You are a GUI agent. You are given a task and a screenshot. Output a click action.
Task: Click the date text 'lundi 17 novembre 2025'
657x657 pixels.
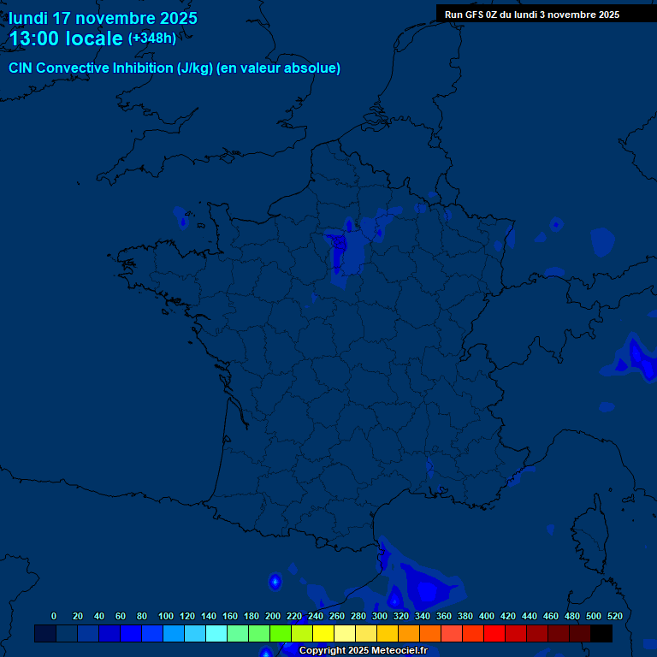[x=103, y=18]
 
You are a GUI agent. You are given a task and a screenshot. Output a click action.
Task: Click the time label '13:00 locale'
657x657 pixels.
[x=66, y=38]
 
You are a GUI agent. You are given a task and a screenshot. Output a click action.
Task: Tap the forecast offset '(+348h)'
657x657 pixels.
[x=152, y=38]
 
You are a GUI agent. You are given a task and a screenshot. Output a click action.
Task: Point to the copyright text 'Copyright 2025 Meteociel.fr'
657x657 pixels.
[x=363, y=651]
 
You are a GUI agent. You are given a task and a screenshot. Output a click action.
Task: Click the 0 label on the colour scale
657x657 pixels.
[x=54, y=616]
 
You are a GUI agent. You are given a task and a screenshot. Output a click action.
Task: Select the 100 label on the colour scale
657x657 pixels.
[x=166, y=616]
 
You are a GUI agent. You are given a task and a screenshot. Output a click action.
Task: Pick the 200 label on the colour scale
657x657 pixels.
[x=273, y=616]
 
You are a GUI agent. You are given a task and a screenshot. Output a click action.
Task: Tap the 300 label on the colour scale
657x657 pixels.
[x=380, y=616]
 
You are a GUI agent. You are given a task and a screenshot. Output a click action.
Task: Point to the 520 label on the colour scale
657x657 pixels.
[x=614, y=616]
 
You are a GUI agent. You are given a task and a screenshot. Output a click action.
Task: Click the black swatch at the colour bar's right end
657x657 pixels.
[x=601, y=634]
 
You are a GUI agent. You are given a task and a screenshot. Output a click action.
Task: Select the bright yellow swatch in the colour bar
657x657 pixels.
[x=323, y=634]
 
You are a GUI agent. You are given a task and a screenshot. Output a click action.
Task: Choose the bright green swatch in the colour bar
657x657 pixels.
[x=281, y=634]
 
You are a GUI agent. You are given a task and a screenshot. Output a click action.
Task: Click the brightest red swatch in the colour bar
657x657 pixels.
[x=494, y=634]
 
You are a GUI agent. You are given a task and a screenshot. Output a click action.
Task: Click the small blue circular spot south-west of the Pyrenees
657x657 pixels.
[x=275, y=582]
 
